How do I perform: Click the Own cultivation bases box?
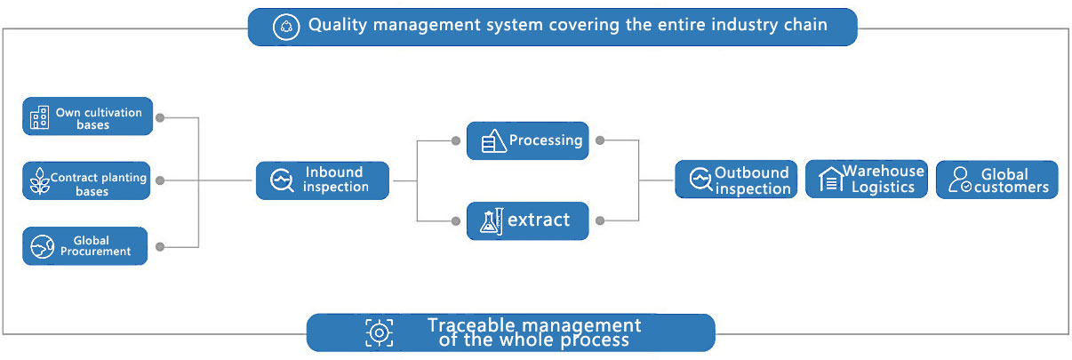[87, 116]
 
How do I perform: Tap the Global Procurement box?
[85, 246]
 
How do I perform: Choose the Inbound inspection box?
[323, 180]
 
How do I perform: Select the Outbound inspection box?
[735, 180]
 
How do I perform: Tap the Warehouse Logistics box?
[867, 179]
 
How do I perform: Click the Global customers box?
[996, 180]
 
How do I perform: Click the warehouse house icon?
[829, 180]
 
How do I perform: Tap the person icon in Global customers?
[959, 180]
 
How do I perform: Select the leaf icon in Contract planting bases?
[38, 181]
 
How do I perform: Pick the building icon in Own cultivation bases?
[39, 117]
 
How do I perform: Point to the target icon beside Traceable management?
[379, 332]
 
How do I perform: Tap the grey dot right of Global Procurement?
[160, 246]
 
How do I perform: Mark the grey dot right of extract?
[600, 220]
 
